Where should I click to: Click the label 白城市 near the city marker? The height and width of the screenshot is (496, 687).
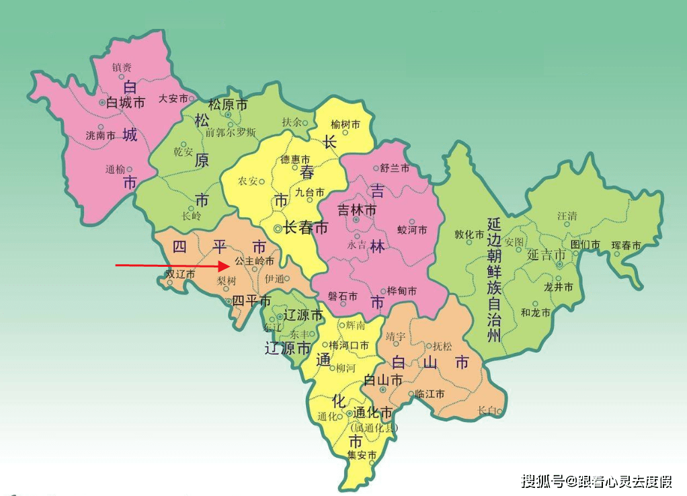[x=126, y=103]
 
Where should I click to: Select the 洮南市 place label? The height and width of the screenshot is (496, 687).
[x=100, y=135]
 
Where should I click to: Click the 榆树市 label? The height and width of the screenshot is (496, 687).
[x=346, y=124]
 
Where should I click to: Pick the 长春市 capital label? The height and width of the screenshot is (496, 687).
[x=306, y=229]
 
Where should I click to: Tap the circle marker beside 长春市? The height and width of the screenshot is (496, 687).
[x=278, y=229]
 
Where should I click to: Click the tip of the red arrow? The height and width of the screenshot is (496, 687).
[x=231, y=266]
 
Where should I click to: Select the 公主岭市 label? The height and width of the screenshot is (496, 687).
[x=254, y=260]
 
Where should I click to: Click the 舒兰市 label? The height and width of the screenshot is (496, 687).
[x=395, y=168]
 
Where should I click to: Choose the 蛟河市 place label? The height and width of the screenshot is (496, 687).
[x=412, y=230]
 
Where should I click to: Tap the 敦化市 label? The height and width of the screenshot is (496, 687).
[x=469, y=235]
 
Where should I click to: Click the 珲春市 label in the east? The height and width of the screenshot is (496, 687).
[x=626, y=246]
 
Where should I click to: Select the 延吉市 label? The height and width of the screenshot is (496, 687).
[x=545, y=255]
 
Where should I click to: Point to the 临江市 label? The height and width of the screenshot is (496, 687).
[x=430, y=394]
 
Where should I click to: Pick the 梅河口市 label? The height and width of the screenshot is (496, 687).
[x=349, y=345]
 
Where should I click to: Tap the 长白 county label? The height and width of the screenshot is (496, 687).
[x=487, y=410]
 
